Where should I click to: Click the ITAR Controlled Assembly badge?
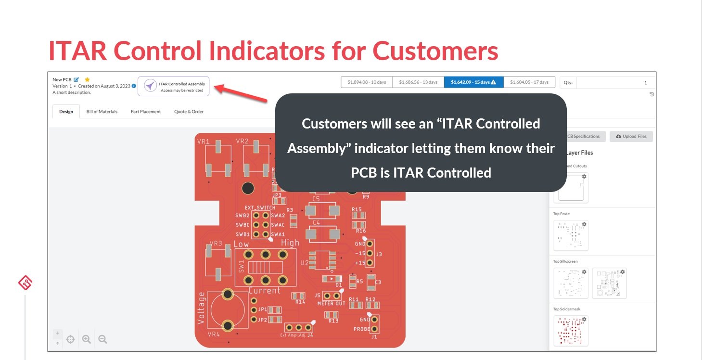[x=174, y=86]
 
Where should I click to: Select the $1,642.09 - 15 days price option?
[x=473, y=82]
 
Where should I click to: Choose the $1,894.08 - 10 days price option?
[x=367, y=82]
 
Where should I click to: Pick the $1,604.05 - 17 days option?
[x=529, y=82]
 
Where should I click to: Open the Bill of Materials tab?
[x=102, y=112]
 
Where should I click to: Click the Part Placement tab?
[x=146, y=112]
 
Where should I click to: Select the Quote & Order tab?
[x=189, y=112]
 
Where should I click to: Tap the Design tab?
[x=66, y=112]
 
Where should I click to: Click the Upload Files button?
[x=631, y=136]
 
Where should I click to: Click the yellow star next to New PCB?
[x=87, y=79]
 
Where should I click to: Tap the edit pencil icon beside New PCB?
[x=77, y=79]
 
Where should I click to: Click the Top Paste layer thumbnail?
[x=571, y=235]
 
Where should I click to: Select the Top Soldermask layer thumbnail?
[x=571, y=331]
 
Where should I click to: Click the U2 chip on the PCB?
[x=319, y=260]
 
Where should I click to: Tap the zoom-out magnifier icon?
[x=102, y=339]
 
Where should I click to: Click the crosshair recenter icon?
[x=70, y=339]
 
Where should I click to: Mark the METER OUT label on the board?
[x=331, y=304]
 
